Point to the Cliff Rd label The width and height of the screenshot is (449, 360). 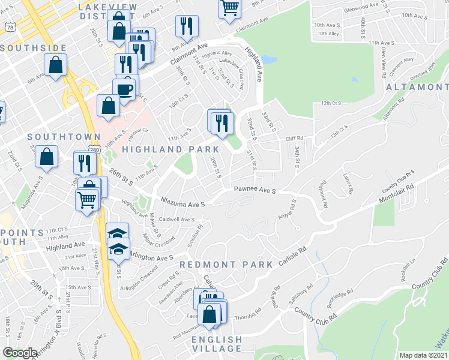294,139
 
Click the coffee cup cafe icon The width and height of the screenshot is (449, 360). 125,90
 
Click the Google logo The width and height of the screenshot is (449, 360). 20,353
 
